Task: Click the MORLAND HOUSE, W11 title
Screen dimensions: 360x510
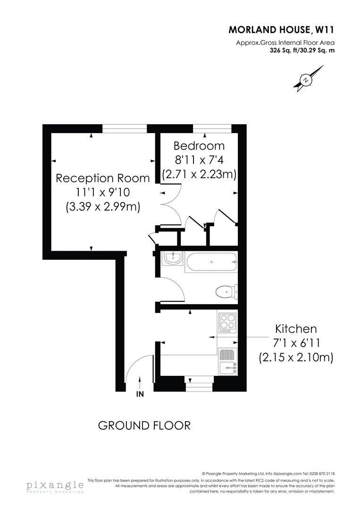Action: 281,30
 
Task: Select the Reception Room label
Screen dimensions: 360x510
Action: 103,178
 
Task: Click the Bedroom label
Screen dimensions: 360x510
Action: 199,145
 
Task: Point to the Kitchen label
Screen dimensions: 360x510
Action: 296,329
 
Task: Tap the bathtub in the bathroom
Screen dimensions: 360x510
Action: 211,262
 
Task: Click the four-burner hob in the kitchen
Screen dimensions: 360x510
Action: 227,323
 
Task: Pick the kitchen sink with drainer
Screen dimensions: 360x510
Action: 227,361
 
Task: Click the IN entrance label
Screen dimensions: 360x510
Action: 140,394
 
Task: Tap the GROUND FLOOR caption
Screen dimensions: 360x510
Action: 144,426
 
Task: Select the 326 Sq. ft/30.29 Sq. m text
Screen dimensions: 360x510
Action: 302,51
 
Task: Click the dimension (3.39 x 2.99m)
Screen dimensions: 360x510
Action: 103,207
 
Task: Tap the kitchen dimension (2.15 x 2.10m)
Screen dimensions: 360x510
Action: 296,357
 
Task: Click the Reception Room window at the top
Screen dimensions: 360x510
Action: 125,128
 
